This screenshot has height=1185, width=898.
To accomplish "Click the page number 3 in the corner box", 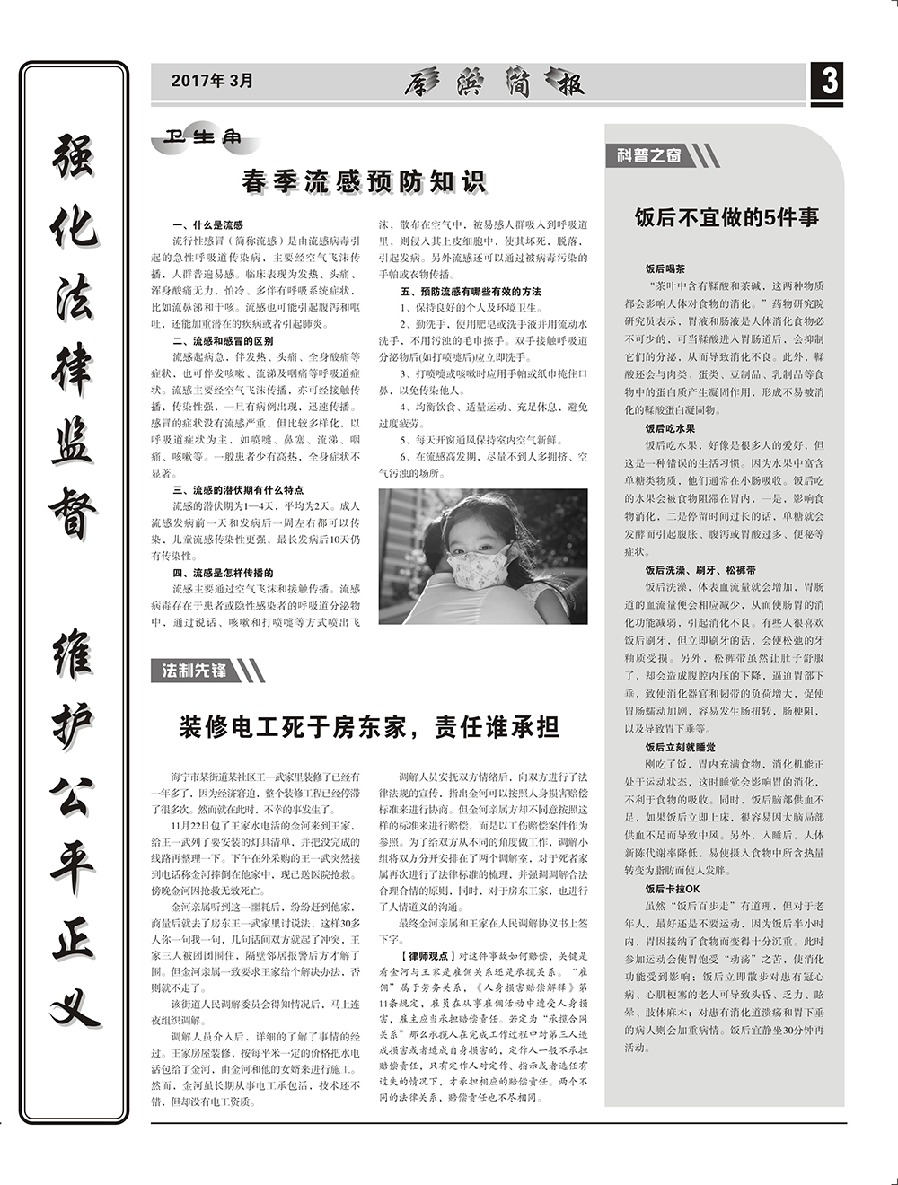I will coord(829,83).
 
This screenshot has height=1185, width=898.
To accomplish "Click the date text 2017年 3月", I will coord(213,81).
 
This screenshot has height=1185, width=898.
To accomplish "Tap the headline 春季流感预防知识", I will coord(364,181).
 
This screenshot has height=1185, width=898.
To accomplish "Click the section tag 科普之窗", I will coord(649,155).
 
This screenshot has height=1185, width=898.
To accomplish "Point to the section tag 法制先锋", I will coord(194,670).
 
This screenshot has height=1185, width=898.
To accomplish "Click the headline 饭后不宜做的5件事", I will coord(726,217).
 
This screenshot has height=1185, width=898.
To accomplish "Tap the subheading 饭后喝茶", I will coord(665,268).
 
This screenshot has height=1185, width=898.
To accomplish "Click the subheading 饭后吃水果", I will coord(670,429).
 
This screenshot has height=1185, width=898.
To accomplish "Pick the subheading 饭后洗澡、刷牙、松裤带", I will coord(700,570).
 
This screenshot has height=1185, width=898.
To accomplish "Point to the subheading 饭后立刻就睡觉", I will coord(680,747).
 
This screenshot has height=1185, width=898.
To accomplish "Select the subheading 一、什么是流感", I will coord(207,225).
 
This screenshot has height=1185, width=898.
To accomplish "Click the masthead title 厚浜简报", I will coord(494,83).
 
